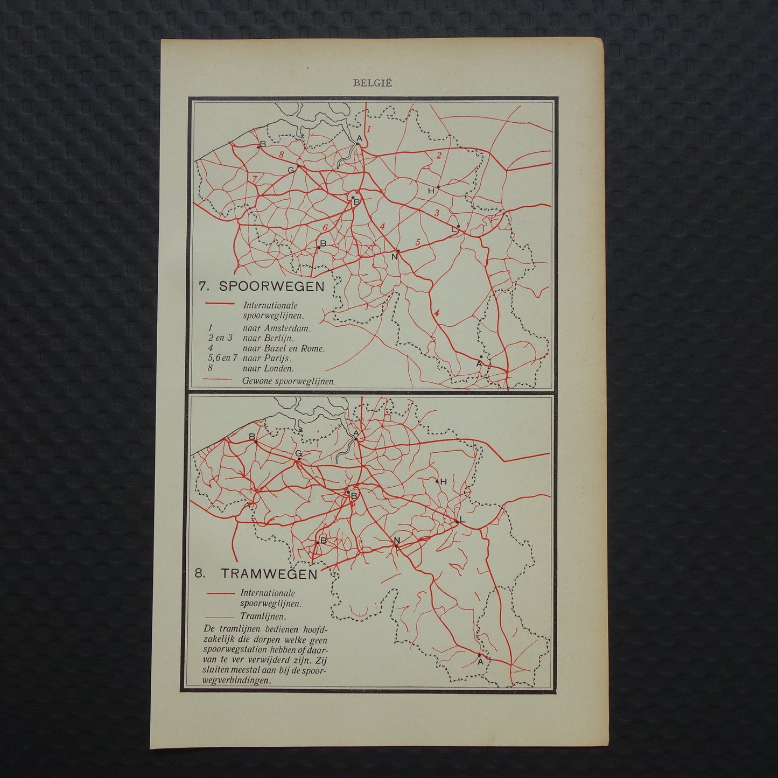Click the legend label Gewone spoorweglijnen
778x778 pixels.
click(289, 381)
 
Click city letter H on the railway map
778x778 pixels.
click(431, 191)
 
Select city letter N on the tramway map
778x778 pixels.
click(397, 540)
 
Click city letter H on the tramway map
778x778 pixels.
click(444, 481)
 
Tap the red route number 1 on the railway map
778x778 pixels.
click(369, 130)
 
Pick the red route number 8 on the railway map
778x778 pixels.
click(281, 155)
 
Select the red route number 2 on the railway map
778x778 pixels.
click(439, 156)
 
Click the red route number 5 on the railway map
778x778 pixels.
click(417, 241)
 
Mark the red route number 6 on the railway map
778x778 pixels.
click(325, 227)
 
